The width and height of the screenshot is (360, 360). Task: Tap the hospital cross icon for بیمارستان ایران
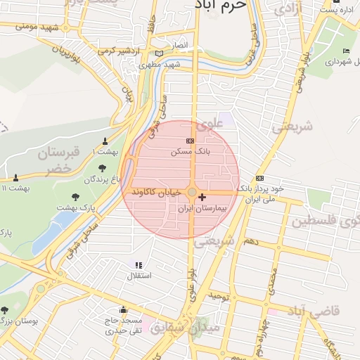point(202,198)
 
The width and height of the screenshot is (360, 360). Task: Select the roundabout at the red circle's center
point(192,191)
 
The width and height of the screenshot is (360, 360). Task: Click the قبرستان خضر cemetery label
point(59,160)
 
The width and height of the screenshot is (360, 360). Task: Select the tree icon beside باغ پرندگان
point(103,168)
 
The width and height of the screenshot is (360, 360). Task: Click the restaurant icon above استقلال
point(138,265)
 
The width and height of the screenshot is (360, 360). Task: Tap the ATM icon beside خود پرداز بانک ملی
point(260,178)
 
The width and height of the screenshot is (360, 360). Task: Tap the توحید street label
point(219,297)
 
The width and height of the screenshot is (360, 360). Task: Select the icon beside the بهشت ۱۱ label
point(15,177)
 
